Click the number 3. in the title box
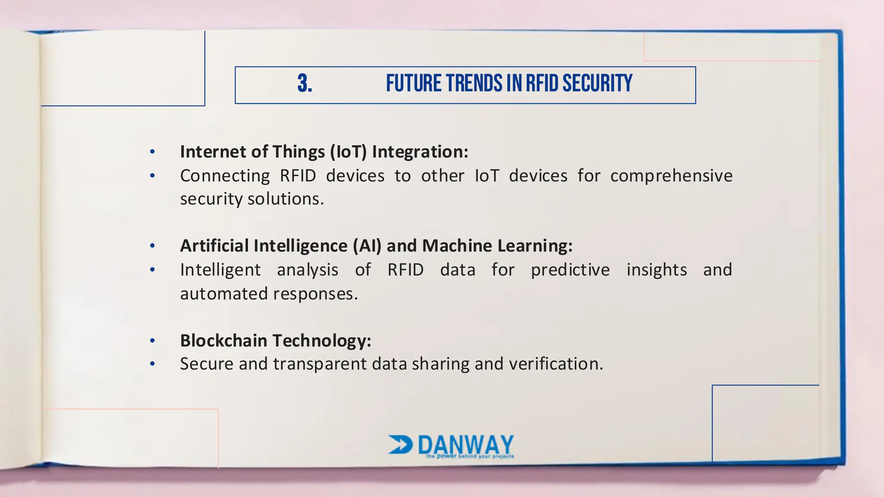[305, 84]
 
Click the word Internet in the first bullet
[209, 152]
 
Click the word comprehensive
[671, 176]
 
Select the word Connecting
[225, 176]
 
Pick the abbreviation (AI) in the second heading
[367, 246]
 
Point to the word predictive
[570, 270]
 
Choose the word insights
[657, 270]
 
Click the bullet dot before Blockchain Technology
[152, 341]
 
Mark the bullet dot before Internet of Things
[152, 152]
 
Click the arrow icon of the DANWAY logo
[400, 444]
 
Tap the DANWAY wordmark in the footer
[466, 444]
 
